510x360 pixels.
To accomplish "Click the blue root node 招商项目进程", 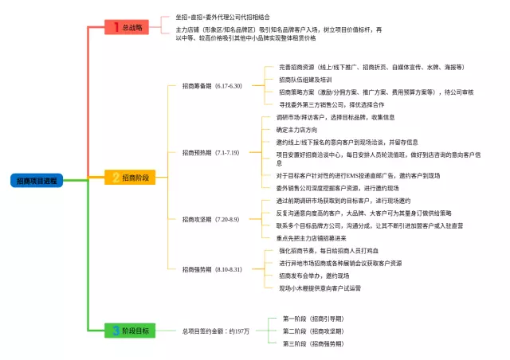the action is point(37,181).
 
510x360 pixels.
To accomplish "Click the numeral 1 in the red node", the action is point(116,28).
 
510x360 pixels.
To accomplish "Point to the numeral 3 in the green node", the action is point(116,330).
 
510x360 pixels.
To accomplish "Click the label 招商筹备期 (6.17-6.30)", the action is point(211,85).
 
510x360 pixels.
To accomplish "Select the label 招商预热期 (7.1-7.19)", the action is point(210,152).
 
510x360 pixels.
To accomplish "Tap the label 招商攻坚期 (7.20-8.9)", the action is point(210,218).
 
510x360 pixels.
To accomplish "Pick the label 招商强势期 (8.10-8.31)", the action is point(211,269).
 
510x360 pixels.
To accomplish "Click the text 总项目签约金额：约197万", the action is point(216,331).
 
